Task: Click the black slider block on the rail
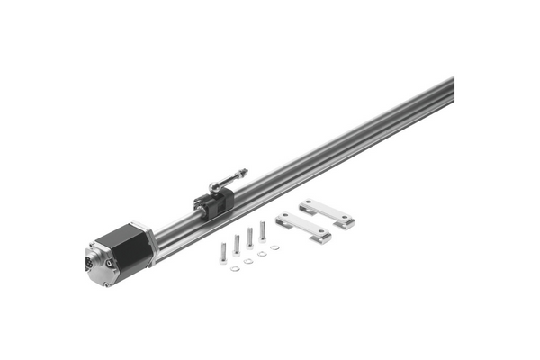click(214, 203)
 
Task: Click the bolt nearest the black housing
click(223, 252)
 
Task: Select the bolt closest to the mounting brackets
click(262, 230)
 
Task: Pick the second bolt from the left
click(237, 244)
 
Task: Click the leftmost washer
click(235, 267)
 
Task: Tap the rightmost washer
click(274, 247)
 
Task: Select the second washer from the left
click(248, 261)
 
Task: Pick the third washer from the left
click(262, 254)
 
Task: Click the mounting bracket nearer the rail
click(327, 212)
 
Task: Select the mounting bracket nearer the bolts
click(303, 227)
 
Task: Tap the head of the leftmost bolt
click(223, 260)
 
